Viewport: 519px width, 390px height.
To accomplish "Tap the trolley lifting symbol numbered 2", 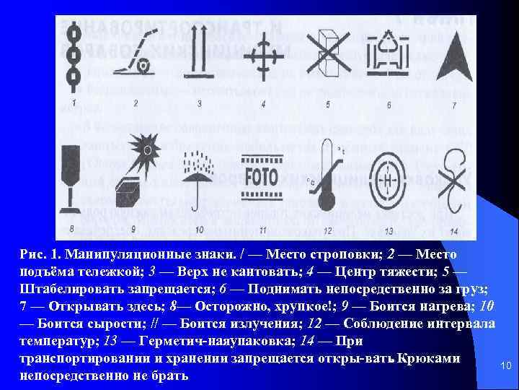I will pos(136,54).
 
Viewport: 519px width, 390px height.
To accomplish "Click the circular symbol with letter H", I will pos(390,178).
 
